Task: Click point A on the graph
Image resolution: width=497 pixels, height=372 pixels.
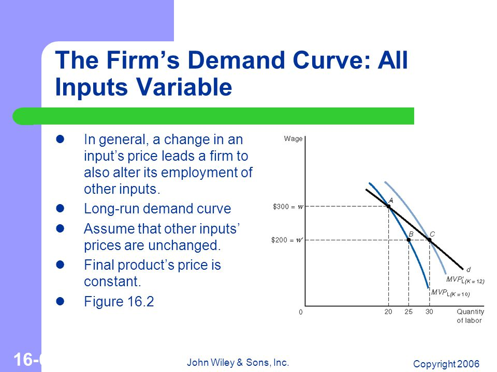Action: (x=389, y=207)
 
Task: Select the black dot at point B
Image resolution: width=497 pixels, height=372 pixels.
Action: (x=408, y=240)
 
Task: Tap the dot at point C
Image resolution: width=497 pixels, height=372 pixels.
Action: (x=430, y=240)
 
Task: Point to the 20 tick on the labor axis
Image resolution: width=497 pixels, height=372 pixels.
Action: (x=388, y=312)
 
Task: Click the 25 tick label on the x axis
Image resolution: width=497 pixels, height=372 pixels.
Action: (x=408, y=312)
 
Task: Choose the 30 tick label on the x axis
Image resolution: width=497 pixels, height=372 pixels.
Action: (x=429, y=312)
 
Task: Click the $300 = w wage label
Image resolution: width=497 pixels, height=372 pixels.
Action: (x=288, y=207)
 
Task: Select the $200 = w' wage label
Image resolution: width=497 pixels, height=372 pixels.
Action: (x=287, y=240)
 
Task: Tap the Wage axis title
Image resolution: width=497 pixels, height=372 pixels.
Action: (x=293, y=138)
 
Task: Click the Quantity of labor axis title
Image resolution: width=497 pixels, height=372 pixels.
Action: (x=470, y=316)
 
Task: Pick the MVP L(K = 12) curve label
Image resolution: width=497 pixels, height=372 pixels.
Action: (x=465, y=280)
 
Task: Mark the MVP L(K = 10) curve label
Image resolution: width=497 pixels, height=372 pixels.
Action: (x=450, y=293)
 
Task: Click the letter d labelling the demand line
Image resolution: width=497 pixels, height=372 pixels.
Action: (x=469, y=270)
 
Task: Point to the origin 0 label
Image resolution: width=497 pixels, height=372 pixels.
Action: (x=300, y=312)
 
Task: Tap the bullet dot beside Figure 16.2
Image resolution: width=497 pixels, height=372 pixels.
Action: (x=60, y=301)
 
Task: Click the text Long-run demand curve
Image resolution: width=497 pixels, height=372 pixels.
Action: (x=157, y=209)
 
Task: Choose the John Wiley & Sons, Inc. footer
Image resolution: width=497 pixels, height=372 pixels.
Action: (x=238, y=362)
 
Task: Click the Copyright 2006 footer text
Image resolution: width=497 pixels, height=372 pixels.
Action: (x=446, y=364)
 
